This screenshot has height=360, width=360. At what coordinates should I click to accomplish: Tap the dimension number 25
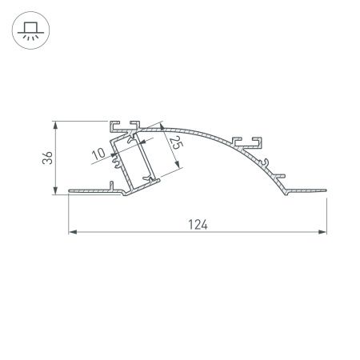[174, 142]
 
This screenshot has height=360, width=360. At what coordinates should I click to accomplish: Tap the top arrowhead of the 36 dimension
[54, 125]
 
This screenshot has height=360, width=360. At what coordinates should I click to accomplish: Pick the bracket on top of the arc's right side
[248, 142]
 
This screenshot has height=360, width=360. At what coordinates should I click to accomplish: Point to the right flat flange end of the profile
[323, 190]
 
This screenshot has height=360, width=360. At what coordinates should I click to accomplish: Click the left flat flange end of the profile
[74, 190]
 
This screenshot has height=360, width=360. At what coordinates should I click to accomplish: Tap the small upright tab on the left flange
[107, 186]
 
